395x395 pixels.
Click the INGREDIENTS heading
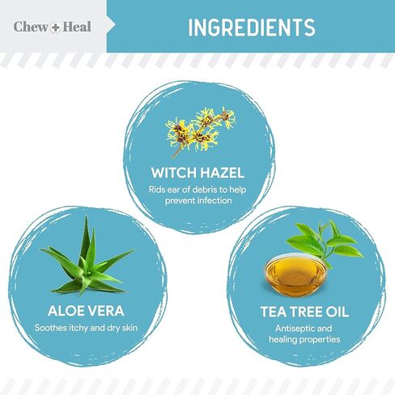[x=251, y=27]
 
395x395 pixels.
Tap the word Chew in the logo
[x=28, y=27]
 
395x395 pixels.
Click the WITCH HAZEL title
[x=197, y=172]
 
